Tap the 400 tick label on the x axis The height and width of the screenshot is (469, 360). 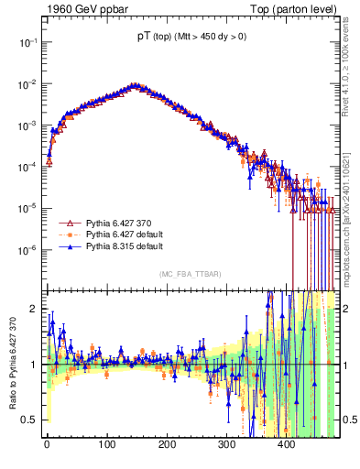point(287,444)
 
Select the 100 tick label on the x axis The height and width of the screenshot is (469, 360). point(106,444)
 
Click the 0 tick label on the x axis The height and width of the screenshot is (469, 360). point(47,444)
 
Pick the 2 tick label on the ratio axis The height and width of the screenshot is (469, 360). point(35,309)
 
